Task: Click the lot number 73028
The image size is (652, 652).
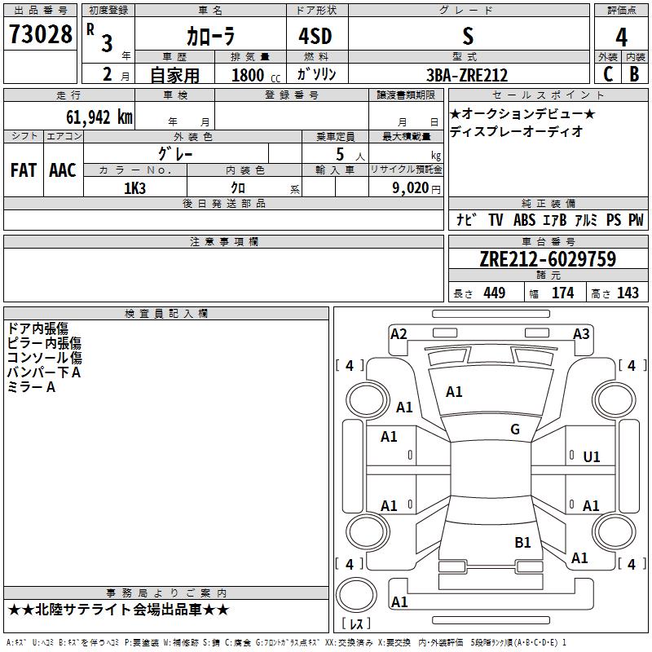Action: (x=40, y=36)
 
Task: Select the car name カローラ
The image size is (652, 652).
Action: (x=209, y=37)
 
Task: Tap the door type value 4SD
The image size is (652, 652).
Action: (x=316, y=36)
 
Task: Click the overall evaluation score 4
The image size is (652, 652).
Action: (x=621, y=37)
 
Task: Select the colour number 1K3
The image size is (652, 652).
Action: (x=134, y=187)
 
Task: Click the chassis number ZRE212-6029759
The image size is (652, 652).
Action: (x=547, y=259)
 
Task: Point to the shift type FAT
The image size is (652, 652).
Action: (x=23, y=170)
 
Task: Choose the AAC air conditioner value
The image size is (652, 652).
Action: (x=62, y=170)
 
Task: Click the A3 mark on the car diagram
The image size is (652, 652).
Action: (x=581, y=334)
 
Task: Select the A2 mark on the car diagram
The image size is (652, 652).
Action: (x=399, y=333)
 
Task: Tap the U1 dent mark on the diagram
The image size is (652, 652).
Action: (x=592, y=457)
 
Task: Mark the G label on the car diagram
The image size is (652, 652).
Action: (x=515, y=430)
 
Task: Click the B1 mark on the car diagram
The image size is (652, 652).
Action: (x=522, y=542)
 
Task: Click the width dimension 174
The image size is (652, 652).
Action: (x=562, y=293)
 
